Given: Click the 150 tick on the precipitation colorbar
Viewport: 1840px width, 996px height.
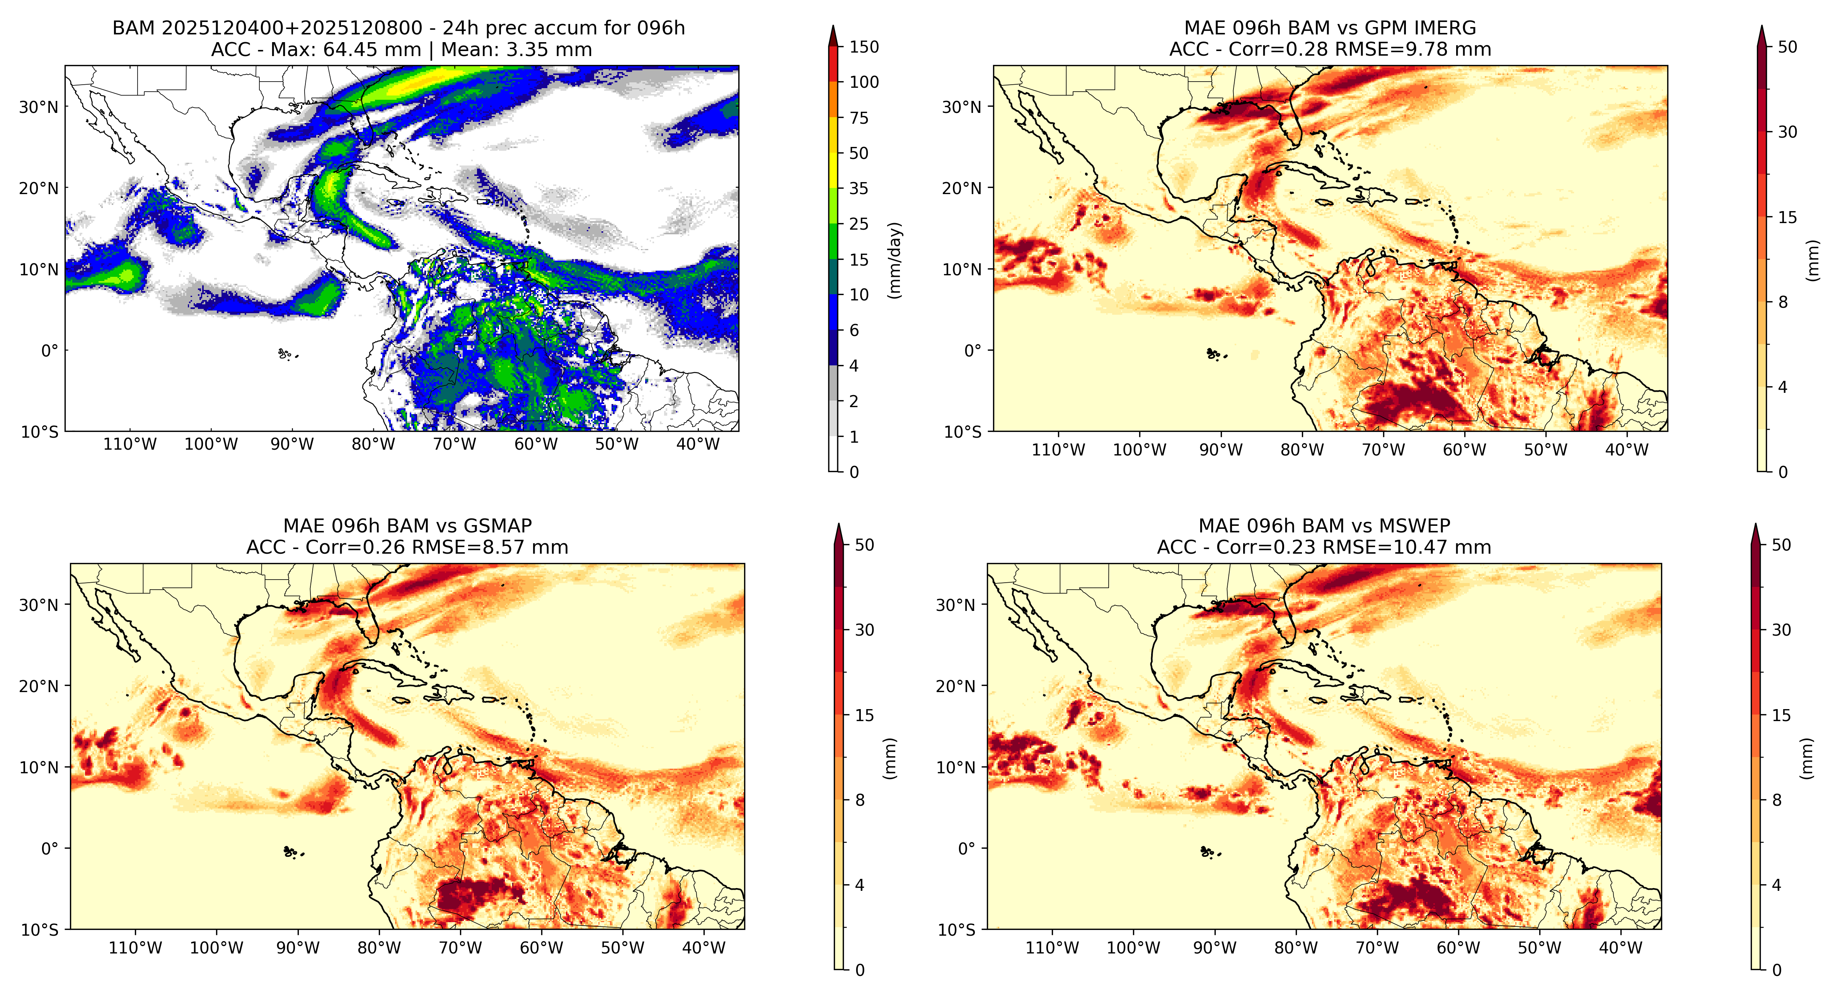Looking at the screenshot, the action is tap(864, 47).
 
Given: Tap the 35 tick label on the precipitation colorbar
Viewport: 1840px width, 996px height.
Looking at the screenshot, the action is tap(859, 189).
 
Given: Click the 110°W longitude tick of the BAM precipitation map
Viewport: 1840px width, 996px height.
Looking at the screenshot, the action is tap(130, 444).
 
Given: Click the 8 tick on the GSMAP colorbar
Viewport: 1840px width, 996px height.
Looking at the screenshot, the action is tap(860, 800).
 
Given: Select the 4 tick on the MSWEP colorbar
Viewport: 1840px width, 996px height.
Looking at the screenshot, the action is tap(1777, 885).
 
